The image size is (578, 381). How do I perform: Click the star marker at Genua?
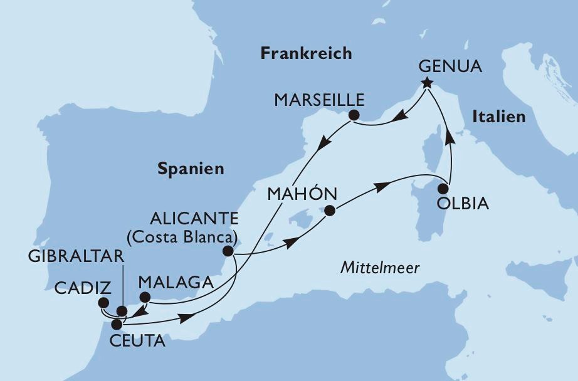coord(427,83)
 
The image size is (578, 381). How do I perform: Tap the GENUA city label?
coord(451,66)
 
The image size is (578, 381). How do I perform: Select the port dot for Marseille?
coord(354,115)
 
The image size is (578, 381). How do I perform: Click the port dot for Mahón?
coord(330,211)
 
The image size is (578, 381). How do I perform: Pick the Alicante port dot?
coord(228,251)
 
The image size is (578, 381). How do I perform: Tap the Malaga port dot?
coord(144,297)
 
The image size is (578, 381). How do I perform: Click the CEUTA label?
coord(139,341)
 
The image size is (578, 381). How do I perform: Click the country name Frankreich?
coord(306,54)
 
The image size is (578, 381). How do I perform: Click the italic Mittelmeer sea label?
coord(380,268)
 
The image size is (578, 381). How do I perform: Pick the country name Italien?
coord(498,117)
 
